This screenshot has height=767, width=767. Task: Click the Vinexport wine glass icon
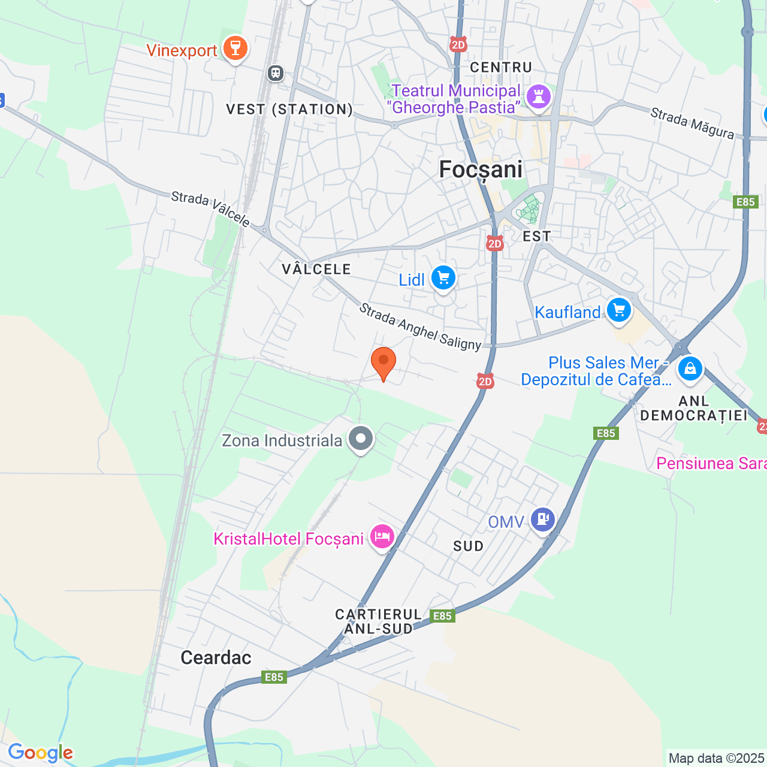point(235,48)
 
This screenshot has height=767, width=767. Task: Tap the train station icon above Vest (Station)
point(275,73)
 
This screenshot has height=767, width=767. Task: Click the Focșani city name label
point(481,170)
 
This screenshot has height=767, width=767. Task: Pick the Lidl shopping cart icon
point(443,278)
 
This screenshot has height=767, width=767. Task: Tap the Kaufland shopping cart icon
point(618,310)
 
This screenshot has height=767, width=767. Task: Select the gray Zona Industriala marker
point(361,439)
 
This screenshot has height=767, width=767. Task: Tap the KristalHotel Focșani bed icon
point(382,536)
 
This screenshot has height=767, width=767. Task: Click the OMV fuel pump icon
point(542,520)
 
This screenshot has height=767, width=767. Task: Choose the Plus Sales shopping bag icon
point(690,369)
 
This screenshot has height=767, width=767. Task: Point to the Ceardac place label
point(216,657)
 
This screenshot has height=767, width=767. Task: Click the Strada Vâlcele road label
point(210,209)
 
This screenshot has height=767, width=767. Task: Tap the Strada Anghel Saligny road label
point(420,327)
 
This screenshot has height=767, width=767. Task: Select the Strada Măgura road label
point(692,123)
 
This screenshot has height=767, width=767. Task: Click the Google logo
point(40,753)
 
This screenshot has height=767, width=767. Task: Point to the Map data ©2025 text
point(716,758)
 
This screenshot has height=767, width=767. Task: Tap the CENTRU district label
point(501,67)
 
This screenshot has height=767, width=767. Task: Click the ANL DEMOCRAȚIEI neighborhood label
point(694,408)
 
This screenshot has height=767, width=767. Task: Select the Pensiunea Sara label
point(711,463)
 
